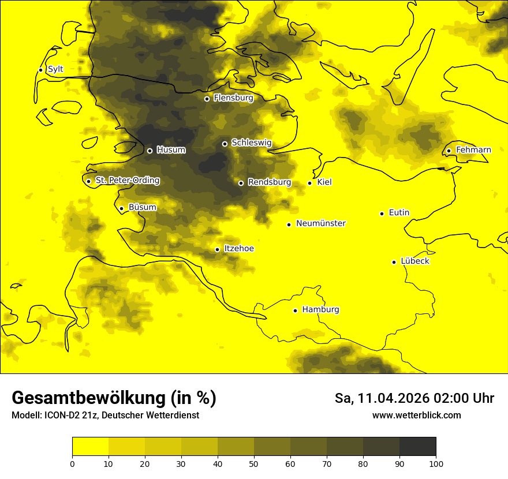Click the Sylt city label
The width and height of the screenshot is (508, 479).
click(x=55, y=69)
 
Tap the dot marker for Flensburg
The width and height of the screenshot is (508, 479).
click(x=207, y=99)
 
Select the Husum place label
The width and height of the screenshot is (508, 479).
click(x=171, y=150)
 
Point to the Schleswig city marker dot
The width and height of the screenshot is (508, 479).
click(x=225, y=144)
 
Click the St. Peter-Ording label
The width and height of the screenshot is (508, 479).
click(x=127, y=181)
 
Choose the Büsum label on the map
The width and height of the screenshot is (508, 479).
click(x=142, y=207)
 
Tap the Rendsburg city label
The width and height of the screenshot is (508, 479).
click(x=269, y=182)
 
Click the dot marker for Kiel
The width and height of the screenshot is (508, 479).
click(x=309, y=183)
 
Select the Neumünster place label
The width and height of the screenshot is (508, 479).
click(x=321, y=223)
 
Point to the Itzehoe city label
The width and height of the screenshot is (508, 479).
click(x=238, y=249)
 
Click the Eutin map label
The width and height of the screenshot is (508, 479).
click(x=399, y=213)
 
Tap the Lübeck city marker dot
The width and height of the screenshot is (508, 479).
click(x=394, y=262)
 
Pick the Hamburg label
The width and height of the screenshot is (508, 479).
click(x=320, y=310)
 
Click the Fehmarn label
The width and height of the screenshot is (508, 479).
click(x=473, y=150)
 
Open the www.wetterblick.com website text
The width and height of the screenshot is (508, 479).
click(x=416, y=416)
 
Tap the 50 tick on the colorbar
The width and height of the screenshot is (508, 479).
click(x=254, y=463)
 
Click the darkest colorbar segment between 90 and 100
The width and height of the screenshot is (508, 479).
click(x=417, y=446)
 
